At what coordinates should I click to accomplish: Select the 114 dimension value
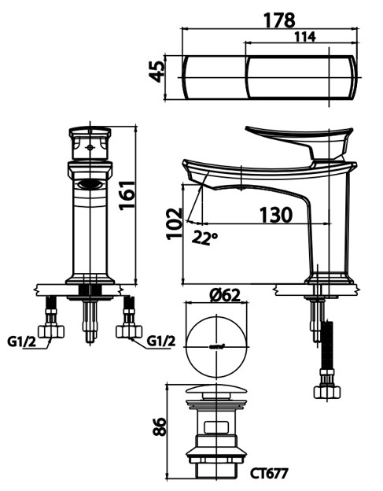tap(305, 37)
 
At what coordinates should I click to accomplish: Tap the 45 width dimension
tap(157, 72)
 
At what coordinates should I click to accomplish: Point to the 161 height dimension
tap(127, 195)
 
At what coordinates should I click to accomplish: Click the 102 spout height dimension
tap(174, 223)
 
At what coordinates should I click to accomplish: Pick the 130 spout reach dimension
tap(276, 215)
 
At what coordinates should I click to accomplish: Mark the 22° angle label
tap(204, 238)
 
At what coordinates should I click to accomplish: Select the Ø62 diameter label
tap(225, 295)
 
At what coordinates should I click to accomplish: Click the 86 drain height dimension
tap(160, 426)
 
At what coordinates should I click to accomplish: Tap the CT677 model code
tap(268, 473)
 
